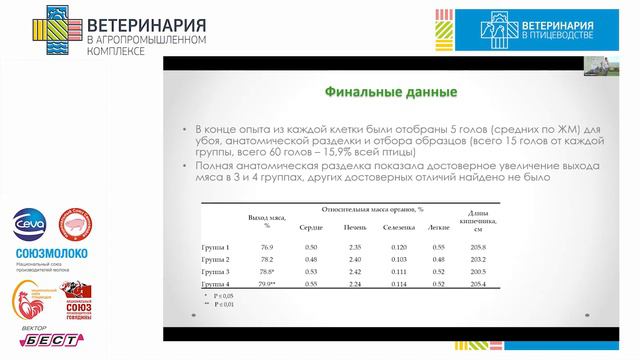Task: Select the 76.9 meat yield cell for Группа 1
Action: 267,246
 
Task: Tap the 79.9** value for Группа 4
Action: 268,285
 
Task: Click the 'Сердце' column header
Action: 311,229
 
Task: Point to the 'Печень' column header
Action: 354,229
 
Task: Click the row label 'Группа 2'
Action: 216,259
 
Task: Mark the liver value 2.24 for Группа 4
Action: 354,285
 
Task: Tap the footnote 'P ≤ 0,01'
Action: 222,304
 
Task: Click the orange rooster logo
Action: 28,297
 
